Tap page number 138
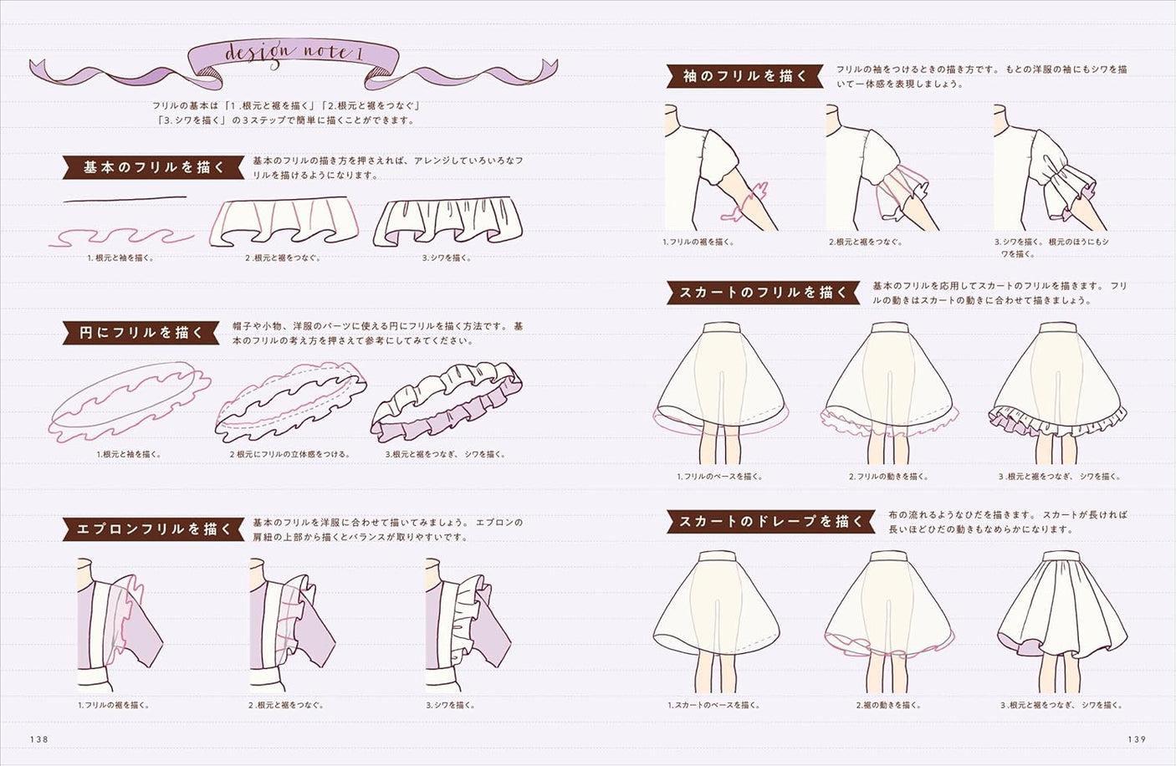pos(39,739)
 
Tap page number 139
pos(1136,739)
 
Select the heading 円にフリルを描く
pos(141,333)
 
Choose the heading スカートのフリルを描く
pos(763,293)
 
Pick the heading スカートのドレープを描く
pos(770,521)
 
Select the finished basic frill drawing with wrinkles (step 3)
pos(447,223)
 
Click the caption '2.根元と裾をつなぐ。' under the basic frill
pos(283,258)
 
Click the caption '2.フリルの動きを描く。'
pos(888,477)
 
